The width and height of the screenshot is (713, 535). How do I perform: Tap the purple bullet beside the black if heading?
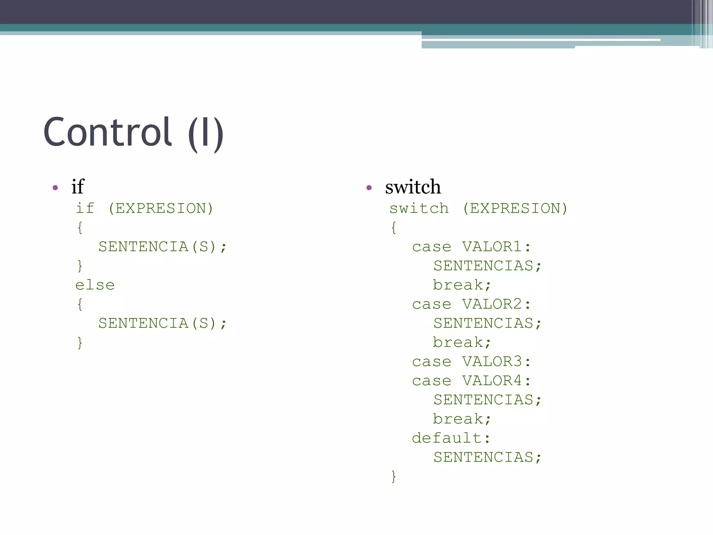pyautogui.click(x=55, y=188)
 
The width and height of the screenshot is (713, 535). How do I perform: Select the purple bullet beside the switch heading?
pyautogui.click(x=369, y=188)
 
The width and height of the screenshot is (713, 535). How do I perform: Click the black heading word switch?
pyautogui.click(x=413, y=187)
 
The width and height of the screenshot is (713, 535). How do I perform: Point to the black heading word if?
pyautogui.click(x=78, y=187)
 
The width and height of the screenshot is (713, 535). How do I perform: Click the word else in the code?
pyautogui.click(x=95, y=285)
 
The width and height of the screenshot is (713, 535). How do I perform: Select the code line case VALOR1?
pyautogui.click(x=471, y=247)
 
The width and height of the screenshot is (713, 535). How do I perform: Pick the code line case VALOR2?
pyautogui.click(x=471, y=304)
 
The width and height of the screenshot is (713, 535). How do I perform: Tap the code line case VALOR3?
pyautogui.click(x=471, y=362)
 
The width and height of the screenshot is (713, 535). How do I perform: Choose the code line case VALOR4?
pyautogui.click(x=471, y=381)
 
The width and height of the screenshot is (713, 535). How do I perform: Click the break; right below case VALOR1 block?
pyautogui.click(x=462, y=285)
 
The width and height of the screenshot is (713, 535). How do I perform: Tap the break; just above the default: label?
pyautogui.click(x=462, y=419)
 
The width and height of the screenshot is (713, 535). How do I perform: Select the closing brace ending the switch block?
pyautogui.click(x=394, y=476)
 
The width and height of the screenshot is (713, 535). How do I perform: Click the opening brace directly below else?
pyautogui.click(x=80, y=304)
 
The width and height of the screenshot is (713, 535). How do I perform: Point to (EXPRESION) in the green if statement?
pyautogui.click(x=160, y=209)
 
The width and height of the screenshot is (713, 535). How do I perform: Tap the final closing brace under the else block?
pyautogui.click(x=80, y=343)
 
